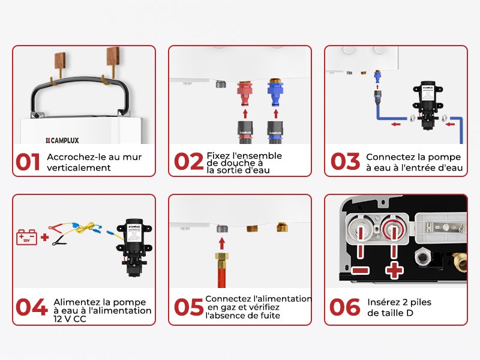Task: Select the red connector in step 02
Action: click(244, 94)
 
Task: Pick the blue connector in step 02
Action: click(275, 94)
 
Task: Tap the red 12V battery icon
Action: click(27, 237)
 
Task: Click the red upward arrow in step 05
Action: click(221, 243)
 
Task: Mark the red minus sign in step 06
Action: click(360, 270)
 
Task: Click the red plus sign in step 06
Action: click(394, 270)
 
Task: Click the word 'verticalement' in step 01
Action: click(79, 167)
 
